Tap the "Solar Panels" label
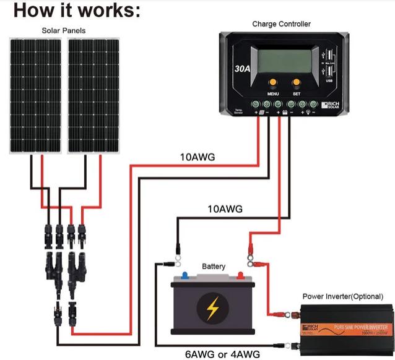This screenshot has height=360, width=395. (x=64, y=30)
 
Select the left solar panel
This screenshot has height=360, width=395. (x=36, y=96)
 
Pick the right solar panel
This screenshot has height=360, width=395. (x=94, y=96)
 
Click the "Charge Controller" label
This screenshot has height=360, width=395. (x=281, y=24)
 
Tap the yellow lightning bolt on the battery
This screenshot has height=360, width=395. (x=213, y=306)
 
